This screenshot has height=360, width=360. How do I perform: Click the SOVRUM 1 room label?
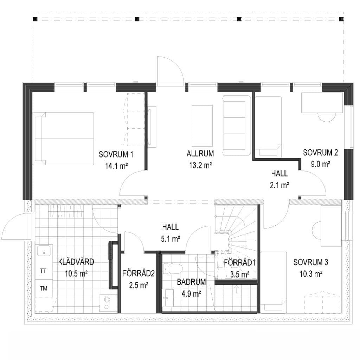(x=116, y=154)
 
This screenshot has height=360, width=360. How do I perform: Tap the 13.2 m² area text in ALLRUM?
(x=200, y=165)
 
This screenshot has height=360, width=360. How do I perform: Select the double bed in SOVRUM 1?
(x=63, y=139)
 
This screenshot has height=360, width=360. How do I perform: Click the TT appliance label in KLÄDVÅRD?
(x=43, y=271)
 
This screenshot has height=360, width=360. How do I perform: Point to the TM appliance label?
(x=43, y=288)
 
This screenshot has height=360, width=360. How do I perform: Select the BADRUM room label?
(x=191, y=282)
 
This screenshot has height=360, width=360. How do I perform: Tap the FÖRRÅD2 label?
(x=139, y=274)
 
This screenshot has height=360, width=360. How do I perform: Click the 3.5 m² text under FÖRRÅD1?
(x=240, y=274)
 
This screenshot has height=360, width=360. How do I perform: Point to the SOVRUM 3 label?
(x=311, y=262)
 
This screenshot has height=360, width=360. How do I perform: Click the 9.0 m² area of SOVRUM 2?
(x=321, y=164)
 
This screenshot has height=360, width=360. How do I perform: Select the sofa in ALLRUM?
(x=237, y=126)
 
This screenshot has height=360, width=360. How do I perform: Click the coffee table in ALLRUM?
(x=202, y=126)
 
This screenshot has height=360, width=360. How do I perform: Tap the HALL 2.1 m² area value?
(x=279, y=185)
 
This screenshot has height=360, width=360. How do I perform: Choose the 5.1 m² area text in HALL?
(x=171, y=239)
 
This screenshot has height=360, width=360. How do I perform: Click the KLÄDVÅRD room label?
(x=76, y=262)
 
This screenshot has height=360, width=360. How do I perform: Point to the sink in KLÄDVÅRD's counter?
(x=44, y=250)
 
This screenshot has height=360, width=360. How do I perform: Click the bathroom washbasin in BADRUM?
(x=169, y=297)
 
